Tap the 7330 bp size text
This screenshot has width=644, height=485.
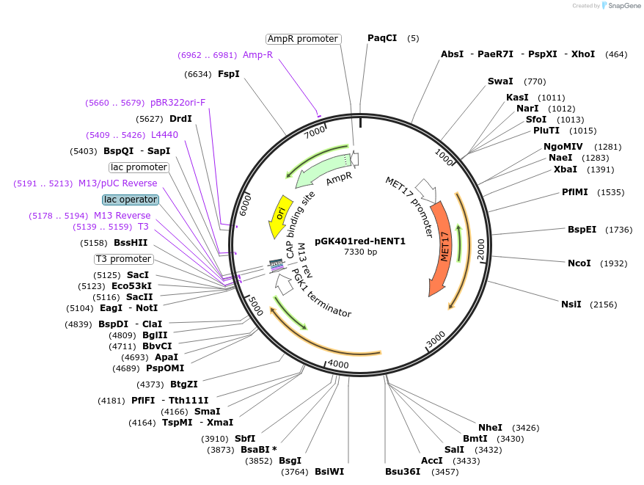pos(360,252)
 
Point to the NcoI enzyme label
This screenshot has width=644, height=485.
pos(579,263)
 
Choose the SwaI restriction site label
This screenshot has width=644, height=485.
pos(500,81)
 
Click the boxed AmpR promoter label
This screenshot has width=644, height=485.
pos(302,39)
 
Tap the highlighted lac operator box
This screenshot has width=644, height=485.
pos(131,200)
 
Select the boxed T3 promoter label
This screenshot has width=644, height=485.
pos(123,259)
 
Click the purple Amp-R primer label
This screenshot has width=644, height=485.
pos(257,55)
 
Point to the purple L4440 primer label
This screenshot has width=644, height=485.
pos(164,135)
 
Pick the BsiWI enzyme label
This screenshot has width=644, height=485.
pos(329,472)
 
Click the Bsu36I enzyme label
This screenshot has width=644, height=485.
pos(403,472)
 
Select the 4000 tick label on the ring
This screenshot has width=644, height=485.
pos(338,364)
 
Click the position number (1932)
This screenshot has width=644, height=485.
pos(615,263)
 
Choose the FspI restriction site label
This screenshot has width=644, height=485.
pos(228,73)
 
